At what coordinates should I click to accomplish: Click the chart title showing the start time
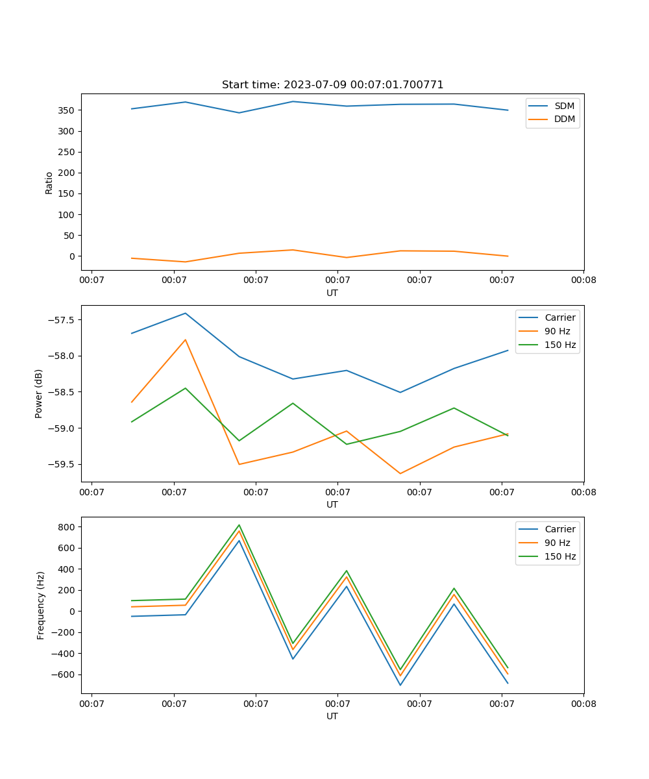point(332,85)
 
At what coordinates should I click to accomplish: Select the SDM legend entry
point(564,106)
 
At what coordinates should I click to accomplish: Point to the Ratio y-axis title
point(49,182)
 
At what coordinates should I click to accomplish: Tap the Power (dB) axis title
point(40,393)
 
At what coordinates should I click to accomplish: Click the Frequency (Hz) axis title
point(41,605)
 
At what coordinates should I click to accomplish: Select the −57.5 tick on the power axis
point(61,320)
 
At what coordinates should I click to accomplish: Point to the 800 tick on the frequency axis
point(66,527)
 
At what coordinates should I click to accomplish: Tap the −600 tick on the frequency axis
point(62,674)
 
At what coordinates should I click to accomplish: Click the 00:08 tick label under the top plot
point(583,280)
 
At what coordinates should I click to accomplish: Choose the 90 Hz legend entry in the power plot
point(557,331)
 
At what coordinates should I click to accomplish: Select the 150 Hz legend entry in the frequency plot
point(560,556)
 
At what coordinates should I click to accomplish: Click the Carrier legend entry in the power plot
point(560,317)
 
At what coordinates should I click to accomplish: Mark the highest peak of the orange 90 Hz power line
point(186,340)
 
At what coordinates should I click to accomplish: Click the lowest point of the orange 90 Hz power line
point(400,473)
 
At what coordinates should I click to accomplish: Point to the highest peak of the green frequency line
point(239,525)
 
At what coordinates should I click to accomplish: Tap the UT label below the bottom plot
point(332,716)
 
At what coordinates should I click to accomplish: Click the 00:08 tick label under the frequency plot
point(583,704)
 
